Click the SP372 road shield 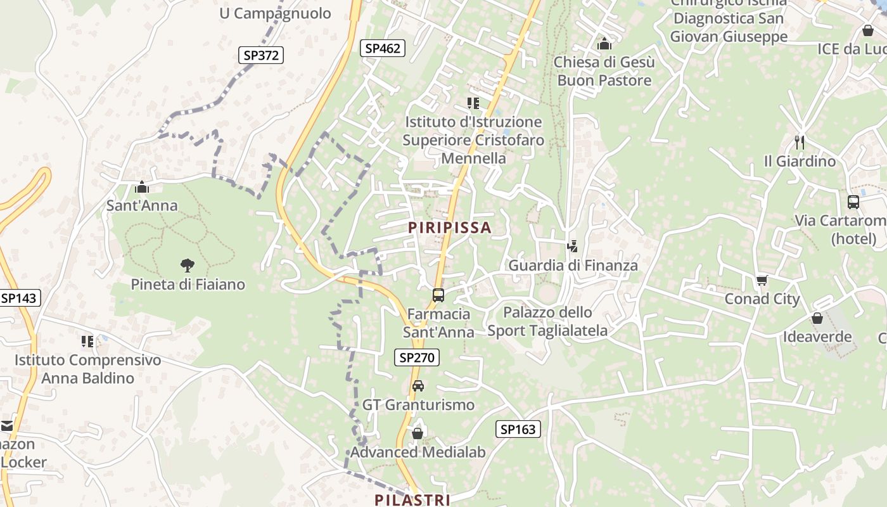click(261, 55)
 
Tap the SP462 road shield click(383, 48)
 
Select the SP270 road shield click(416, 357)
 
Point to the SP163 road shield click(518, 429)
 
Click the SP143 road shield click(19, 298)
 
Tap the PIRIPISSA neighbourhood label click(450, 228)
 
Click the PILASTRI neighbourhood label click(412, 499)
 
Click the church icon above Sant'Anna click(142, 187)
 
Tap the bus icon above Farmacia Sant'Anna click(438, 295)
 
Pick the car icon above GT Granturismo click(418, 385)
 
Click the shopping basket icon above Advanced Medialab click(418, 433)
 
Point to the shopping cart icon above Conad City click(762, 280)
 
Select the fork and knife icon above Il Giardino click(800, 143)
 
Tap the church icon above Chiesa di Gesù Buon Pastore click(604, 44)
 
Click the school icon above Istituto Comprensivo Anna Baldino click(87, 342)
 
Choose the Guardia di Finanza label click(573, 265)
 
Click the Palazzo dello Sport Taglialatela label click(547, 321)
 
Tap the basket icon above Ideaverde click(817, 318)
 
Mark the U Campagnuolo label click(275, 13)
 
